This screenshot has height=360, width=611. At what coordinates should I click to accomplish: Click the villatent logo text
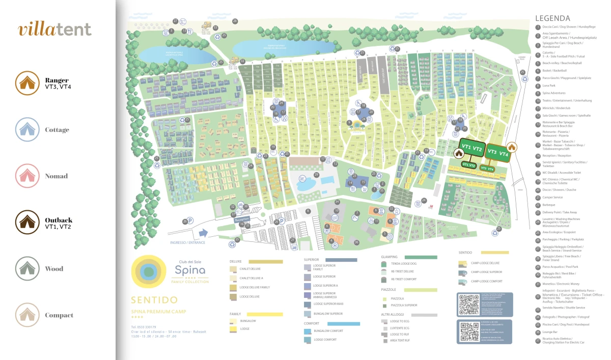55,30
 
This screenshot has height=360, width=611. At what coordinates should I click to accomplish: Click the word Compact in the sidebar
59,315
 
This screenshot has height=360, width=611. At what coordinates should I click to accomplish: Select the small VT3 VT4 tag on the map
487,169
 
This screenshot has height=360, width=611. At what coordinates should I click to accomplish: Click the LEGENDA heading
556,18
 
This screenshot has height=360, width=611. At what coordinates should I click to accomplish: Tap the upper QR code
469,304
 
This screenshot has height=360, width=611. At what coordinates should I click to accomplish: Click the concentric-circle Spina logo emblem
149,272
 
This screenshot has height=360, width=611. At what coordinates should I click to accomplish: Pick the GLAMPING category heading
390,257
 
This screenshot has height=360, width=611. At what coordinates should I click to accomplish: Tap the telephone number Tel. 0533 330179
144,327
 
